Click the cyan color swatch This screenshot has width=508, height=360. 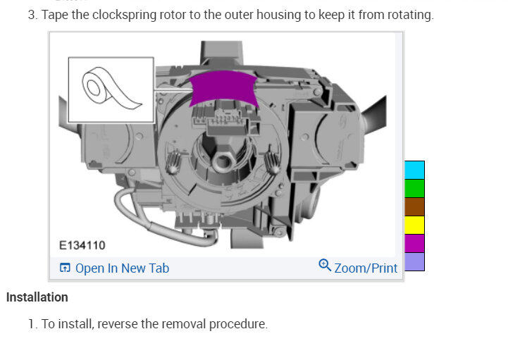click(414, 170)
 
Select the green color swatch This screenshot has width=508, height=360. click(414, 188)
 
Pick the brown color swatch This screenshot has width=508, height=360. click(414, 206)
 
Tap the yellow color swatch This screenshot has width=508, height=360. click(414, 225)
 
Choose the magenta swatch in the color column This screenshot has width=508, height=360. click(414, 243)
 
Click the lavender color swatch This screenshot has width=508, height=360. click(414, 262)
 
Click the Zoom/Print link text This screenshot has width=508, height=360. click(366, 268)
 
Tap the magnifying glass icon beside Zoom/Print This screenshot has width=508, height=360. click(325, 265)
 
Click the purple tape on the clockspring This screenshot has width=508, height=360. click(223, 87)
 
